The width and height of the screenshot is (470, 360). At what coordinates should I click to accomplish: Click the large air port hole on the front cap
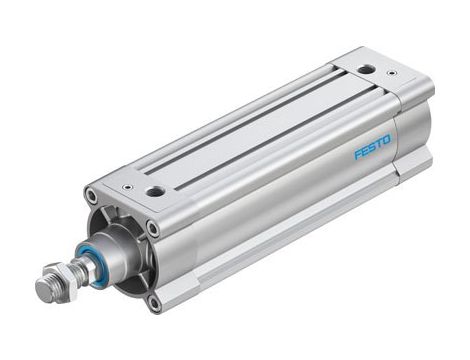click(x=155, y=191)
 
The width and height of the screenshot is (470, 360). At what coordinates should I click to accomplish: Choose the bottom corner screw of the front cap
click(x=152, y=297)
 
